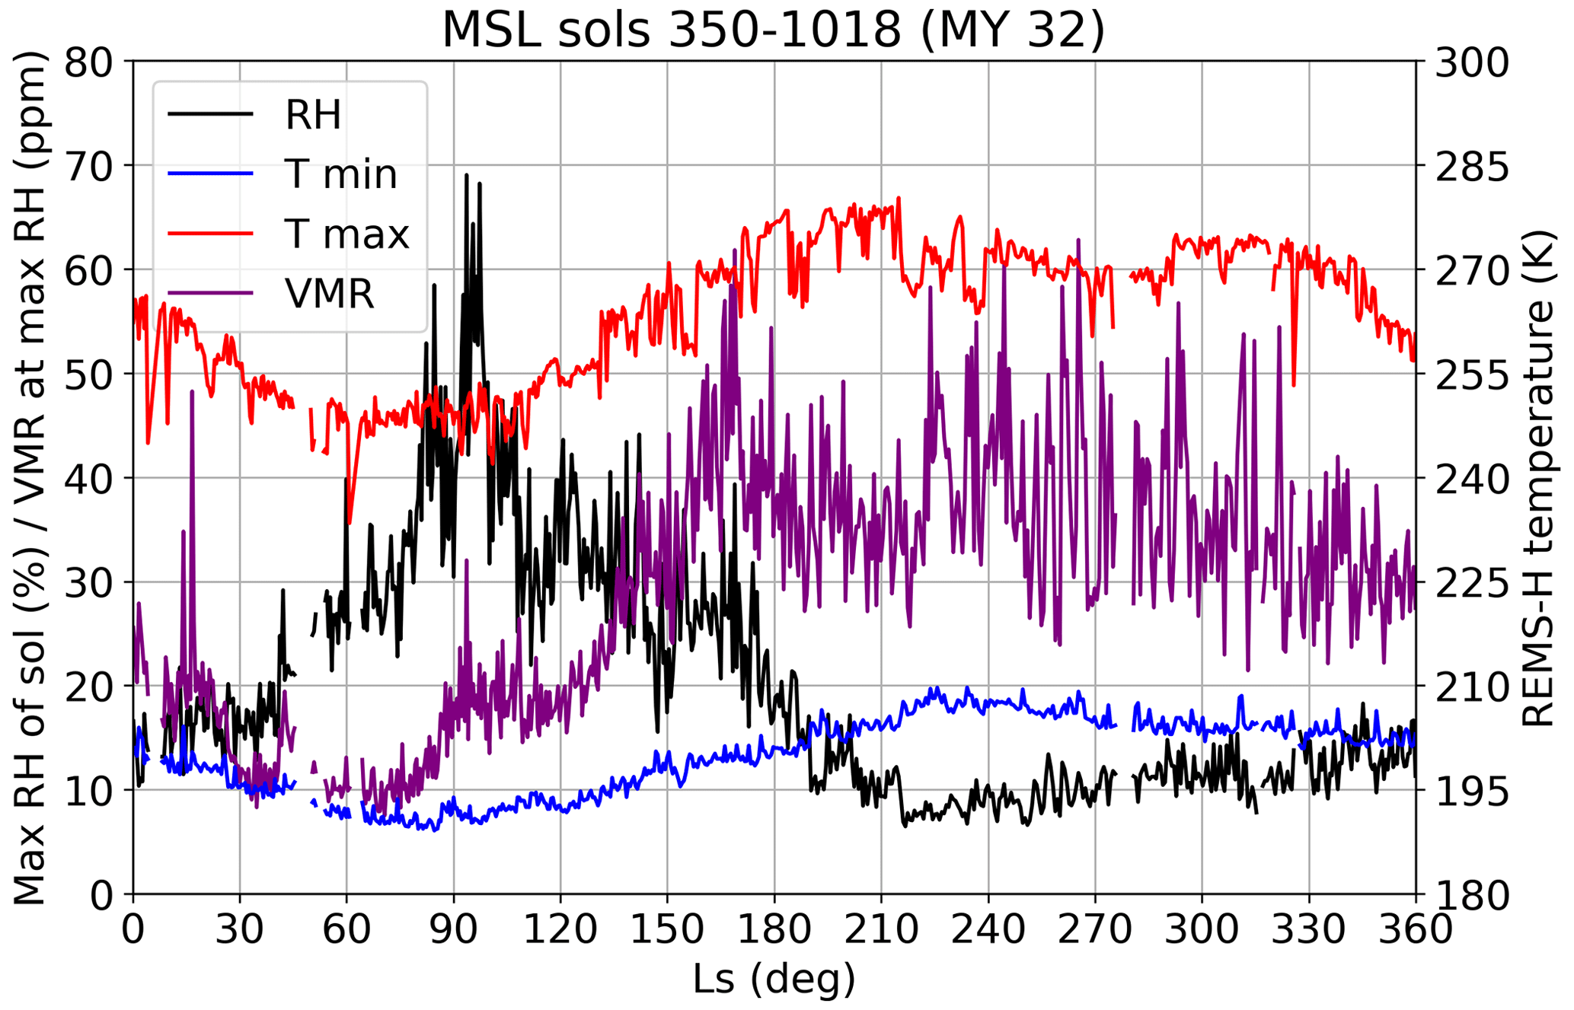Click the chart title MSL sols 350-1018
tap(773, 30)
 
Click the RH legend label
tap(313, 115)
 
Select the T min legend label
tap(340, 174)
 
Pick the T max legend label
tap(346, 234)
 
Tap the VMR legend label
tap(330, 294)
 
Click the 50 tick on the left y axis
tap(88, 374)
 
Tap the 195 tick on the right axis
tap(1471, 792)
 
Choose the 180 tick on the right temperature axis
tap(1471, 896)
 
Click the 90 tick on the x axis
tap(454, 929)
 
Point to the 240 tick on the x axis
tap(988, 929)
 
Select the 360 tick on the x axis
tap(1416, 929)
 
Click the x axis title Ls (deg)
tap(774, 979)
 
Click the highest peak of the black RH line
tap(467, 175)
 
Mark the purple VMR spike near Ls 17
tap(193, 392)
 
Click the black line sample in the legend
tap(210, 114)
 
